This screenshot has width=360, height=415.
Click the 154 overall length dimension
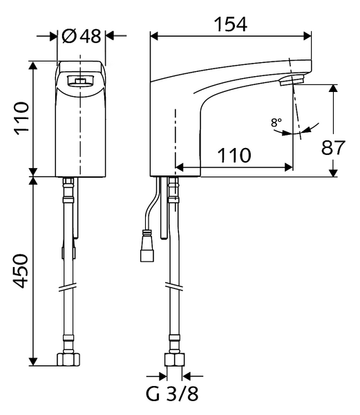pyautogui.click(x=231, y=24)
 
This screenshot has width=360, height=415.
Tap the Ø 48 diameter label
pyautogui.click(x=82, y=36)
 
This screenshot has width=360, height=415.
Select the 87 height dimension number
pyautogui.click(x=333, y=147)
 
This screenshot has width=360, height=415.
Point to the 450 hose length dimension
pyautogui.click(x=21, y=271)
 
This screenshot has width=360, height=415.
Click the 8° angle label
pyautogui.click(x=276, y=122)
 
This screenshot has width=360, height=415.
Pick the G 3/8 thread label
pyautogui.click(x=172, y=394)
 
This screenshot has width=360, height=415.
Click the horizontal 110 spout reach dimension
pyautogui.click(x=234, y=155)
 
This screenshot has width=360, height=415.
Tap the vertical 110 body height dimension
pyautogui.click(x=21, y=118)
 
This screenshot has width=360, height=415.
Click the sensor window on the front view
pyautogui.click(x=80, y=81)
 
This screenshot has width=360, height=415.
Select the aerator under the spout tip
pyautogui.click(x=292, y=80)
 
